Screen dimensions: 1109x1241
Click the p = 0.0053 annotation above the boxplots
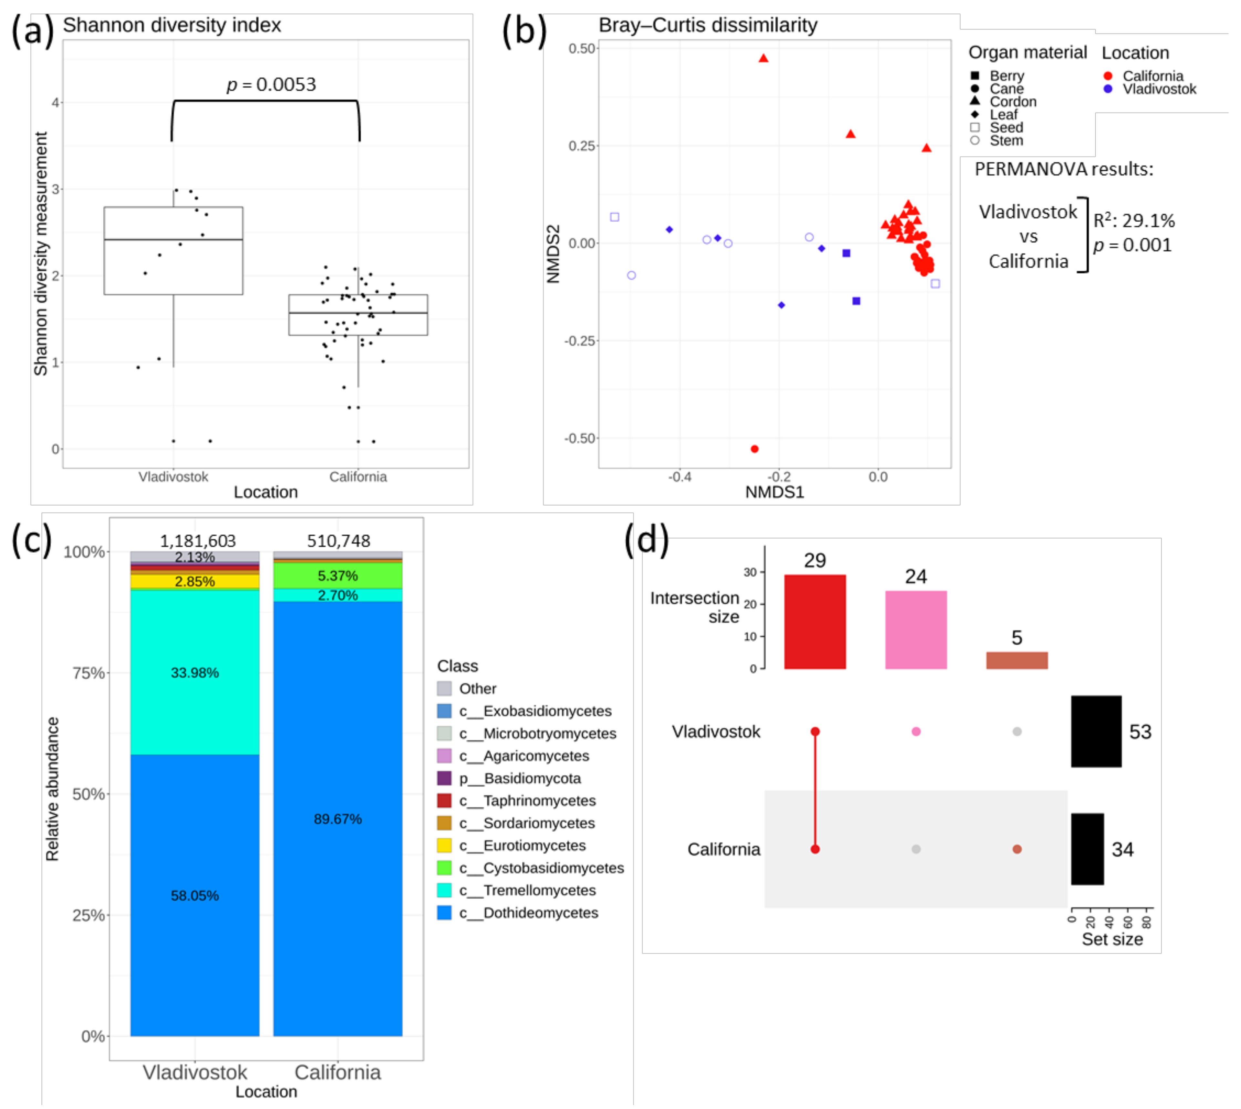pyautogui.click(x=271, y=84)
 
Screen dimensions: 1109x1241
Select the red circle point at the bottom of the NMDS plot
pyautogui.click(x=754, y=449)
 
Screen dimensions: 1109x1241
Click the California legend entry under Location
pyautogui.click(x=1152, y=76)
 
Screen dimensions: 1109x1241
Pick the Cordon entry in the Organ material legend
pyautogui.click(x=1012, y=102)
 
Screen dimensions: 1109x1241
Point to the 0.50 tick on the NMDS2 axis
pyautogui.click(x=582, y=49)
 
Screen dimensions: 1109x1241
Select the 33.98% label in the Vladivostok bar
pyautogui.click(x=194, y=673)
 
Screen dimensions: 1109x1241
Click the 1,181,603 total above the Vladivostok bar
pyautogui.click(x=198, y=541)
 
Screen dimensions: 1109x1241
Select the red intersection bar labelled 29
pyautogui.click(x=815, y=621)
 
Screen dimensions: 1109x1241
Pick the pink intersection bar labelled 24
pyautogui.click(x=915, y=630)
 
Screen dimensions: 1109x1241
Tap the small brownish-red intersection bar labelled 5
pyautogui.click(x=1017, y=660)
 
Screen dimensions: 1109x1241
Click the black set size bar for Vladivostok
pyautogui.click(x=1096, y=731)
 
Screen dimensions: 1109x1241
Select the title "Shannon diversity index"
pyautogui.click(x=172, y=25)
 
